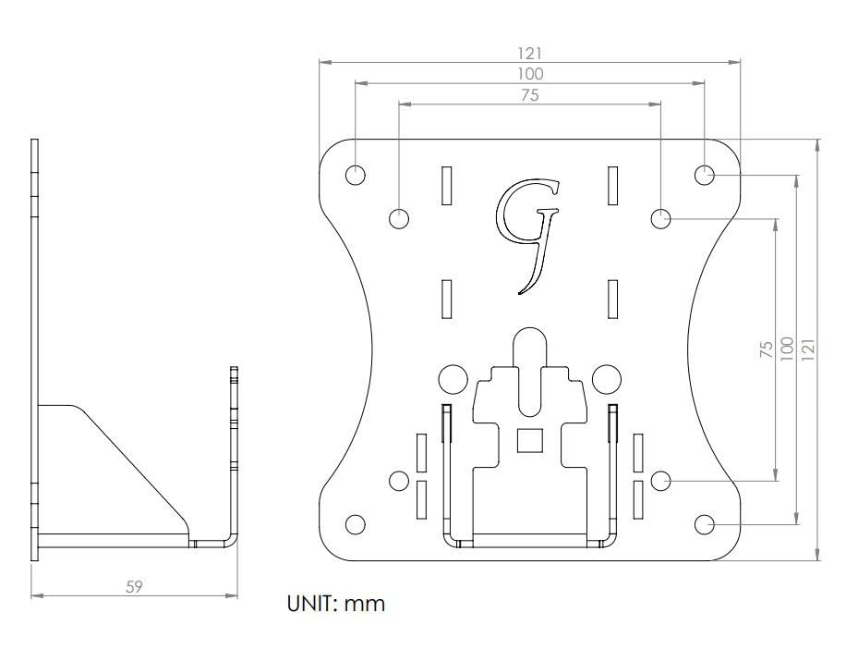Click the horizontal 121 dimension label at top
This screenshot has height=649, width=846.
[x=529, y=54]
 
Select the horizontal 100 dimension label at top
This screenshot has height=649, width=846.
[x=530, y=74]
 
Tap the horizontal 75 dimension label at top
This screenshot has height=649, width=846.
[x=530, y=95]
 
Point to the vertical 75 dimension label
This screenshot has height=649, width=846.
[x=767, y=349]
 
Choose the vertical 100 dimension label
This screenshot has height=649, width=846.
[x=787, y=349]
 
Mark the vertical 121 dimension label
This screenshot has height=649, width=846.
[x=808, y=349]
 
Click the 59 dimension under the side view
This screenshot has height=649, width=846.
[x=134, y=586]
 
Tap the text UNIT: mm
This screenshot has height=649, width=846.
[x=336, y=603]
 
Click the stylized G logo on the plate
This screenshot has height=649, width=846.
[x=526, y=236]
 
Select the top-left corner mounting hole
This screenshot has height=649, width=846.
[x=355, y=175]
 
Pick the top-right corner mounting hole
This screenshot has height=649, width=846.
[x=704, y=175]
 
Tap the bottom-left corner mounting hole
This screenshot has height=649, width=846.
[x=355, y=524]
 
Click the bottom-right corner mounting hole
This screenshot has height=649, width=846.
[x=704, y=524]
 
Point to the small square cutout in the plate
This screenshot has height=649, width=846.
[x=530, y=440]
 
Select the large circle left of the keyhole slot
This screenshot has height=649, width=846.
[x=453, y=379]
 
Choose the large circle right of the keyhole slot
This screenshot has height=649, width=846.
[x=607, y=379]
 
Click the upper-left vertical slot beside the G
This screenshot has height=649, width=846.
[x=446, y=186]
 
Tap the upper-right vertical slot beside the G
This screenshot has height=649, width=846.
[x=612, y=186]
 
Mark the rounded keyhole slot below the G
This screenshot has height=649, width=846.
[x=530, y=372]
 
